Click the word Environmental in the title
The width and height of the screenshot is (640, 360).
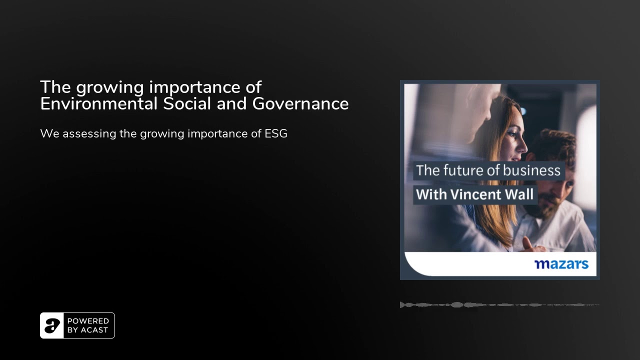(x=98, y=103)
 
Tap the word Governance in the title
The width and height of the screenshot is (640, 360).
(x=300, y=103)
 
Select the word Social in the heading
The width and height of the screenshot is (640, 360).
(x=187, y=103)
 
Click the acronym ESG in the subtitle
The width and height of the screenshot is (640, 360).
(x=275, y=133)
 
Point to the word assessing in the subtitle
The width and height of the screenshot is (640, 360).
(x=89, y=134)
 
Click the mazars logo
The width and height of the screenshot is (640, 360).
(x=561, y=264)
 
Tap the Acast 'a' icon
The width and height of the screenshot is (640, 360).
(x=51, y=325)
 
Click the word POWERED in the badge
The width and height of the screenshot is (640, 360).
(x=88, y=321)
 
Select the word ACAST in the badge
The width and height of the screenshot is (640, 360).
(x=94, y=330)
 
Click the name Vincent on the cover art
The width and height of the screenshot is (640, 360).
(x=475, y=194)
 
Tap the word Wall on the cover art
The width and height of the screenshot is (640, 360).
(x=519, y=194)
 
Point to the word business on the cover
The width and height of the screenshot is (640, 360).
(x=531, y=170)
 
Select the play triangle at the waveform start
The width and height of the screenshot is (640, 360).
(x=402, y=305)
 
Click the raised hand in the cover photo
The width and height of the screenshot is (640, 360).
(x=528, y=245)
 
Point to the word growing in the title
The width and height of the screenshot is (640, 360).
(x=109, y=88)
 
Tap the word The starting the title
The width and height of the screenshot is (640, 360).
(x=55, y=87)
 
